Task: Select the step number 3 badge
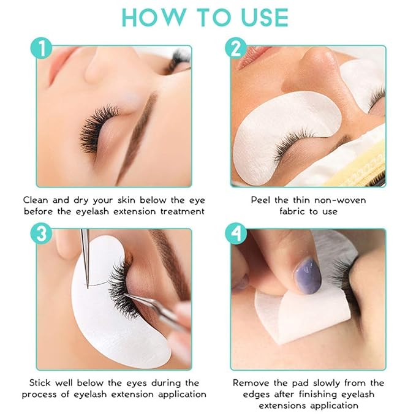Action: (x=42, y=233)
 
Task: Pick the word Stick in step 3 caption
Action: (x=36, y=382)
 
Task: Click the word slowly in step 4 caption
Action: (x=319, y=382)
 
